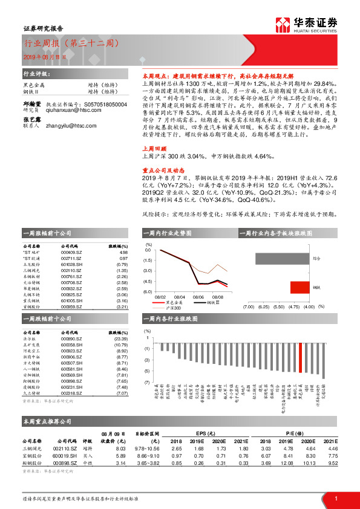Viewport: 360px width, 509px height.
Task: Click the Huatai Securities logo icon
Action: tap(283, 24)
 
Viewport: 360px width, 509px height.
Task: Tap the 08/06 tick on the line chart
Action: tap(198, 297)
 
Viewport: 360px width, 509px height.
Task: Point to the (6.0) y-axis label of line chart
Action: tap(148, 291)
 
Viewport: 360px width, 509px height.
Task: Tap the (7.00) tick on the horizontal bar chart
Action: tap(249, 307)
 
